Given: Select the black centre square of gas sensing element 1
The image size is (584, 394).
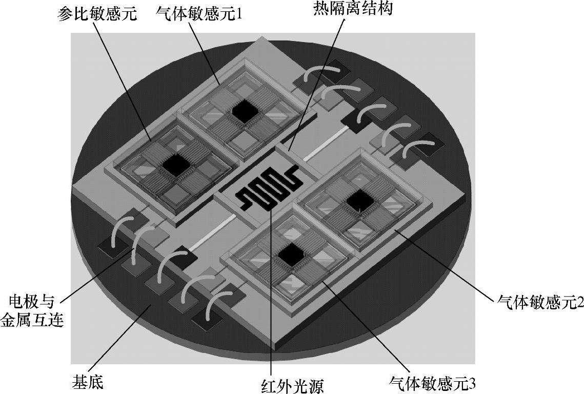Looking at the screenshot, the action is tap(244, 110).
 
